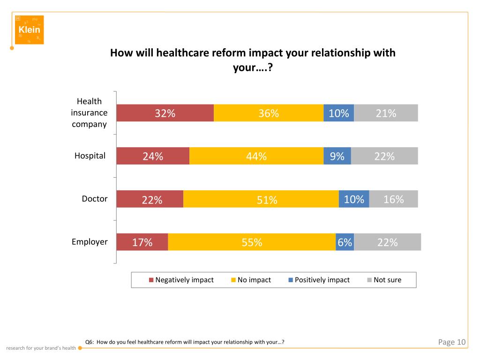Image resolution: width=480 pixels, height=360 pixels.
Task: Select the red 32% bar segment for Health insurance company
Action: click(165, 113)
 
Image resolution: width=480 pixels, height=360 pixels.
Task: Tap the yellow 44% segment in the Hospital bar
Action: click(256, 156)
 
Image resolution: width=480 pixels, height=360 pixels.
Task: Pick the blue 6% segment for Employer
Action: click(345, 242)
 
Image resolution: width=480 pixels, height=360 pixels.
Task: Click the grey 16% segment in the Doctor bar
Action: click(393, 199)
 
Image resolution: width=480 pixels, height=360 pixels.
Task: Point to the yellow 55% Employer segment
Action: click(252, 242)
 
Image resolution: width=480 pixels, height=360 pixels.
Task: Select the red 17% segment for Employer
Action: click(142, 242)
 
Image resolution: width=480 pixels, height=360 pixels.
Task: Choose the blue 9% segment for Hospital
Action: click(337, 156)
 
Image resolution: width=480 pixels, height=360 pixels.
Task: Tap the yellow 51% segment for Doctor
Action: click(261, 199)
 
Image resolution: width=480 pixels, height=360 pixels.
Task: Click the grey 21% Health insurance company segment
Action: click(386, 113)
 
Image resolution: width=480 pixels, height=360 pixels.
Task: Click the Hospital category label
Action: click(90, 156)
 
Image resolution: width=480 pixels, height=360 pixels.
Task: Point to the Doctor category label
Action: click(95, 199)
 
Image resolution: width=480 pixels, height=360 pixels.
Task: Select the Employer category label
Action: click(90, 242)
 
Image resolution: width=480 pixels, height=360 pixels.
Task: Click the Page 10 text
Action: click(452, 342)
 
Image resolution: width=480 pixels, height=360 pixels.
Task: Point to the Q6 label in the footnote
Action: click(89, 342)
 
